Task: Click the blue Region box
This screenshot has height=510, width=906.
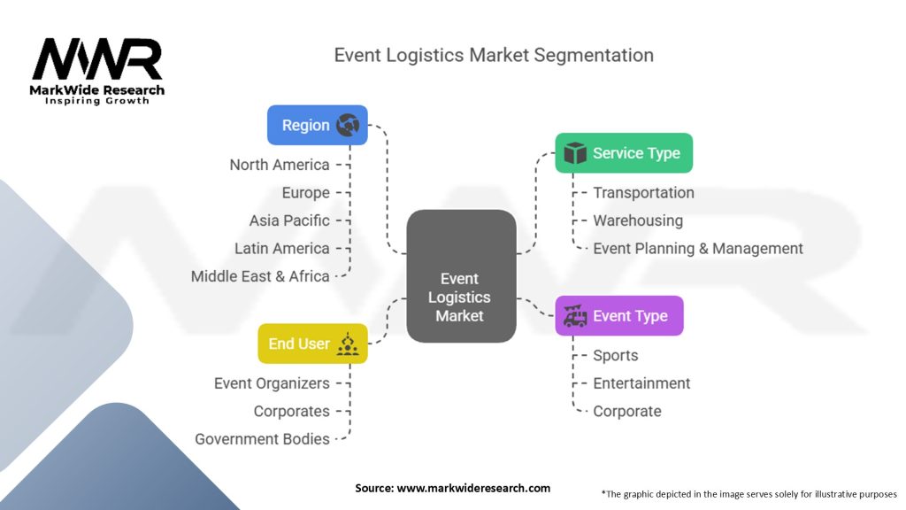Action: pos(317,126)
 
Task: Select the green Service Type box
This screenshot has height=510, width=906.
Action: pos(623,153)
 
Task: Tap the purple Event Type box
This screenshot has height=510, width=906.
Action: pos(618,316)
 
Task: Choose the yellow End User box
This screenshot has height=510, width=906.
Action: pos(312,344)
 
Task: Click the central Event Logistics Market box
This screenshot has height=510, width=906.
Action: pos(460,277)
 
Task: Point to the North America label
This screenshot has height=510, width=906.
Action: pos(280,165)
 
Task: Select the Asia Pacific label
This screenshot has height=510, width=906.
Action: pos(289,220)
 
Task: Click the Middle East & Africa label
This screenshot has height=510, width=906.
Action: pos(260,276)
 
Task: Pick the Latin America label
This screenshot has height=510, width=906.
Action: pos(282,249)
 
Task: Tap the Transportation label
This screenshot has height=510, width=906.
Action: pos(643,193)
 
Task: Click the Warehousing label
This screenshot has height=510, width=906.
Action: pos(638,220)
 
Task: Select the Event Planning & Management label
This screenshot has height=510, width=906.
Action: pos(698,249)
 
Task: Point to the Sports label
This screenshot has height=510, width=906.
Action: pos(616,356)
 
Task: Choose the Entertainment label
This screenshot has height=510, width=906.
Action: pos(641,383)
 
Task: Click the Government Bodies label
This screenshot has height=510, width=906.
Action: pos(263,439)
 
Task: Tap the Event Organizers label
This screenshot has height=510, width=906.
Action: pos(272,383)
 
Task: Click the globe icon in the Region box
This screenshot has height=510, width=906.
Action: pos(348,126)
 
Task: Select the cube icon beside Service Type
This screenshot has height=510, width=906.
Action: pos(575,153)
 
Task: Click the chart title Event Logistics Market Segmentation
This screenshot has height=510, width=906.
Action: pos(494,55)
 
